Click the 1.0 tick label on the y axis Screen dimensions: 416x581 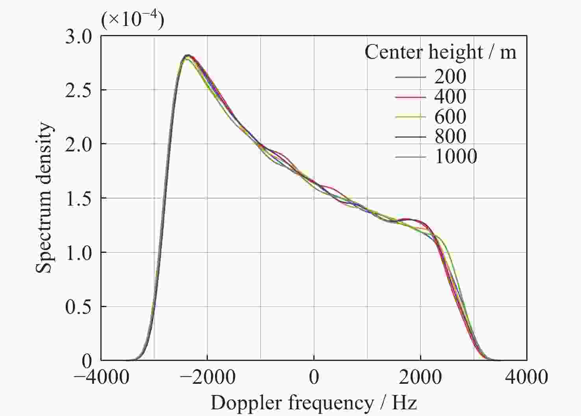pyautogui.click(x=78, y=253)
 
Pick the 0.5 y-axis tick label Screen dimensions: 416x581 pyautogui.click(x=78, y=307)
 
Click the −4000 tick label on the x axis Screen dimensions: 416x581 pyautogui.click(x=101, y=377)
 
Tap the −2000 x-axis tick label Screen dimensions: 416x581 pyautogui.click(x=207, y=377)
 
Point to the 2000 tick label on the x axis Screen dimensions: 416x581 pyautogui.click(x=420, y=377)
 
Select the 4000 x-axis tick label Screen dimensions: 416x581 pyautogui.click(x=527, y=377)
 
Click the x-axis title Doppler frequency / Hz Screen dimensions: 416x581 pyautogui.click(x=314, y=403)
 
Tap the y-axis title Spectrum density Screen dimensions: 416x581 pyautogui.click(x=44, y=198)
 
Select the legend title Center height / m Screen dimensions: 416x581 pyautogui.click(x=440, y=52)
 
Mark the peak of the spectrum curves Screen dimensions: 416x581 pyautogui.click(x=188, y=55)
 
